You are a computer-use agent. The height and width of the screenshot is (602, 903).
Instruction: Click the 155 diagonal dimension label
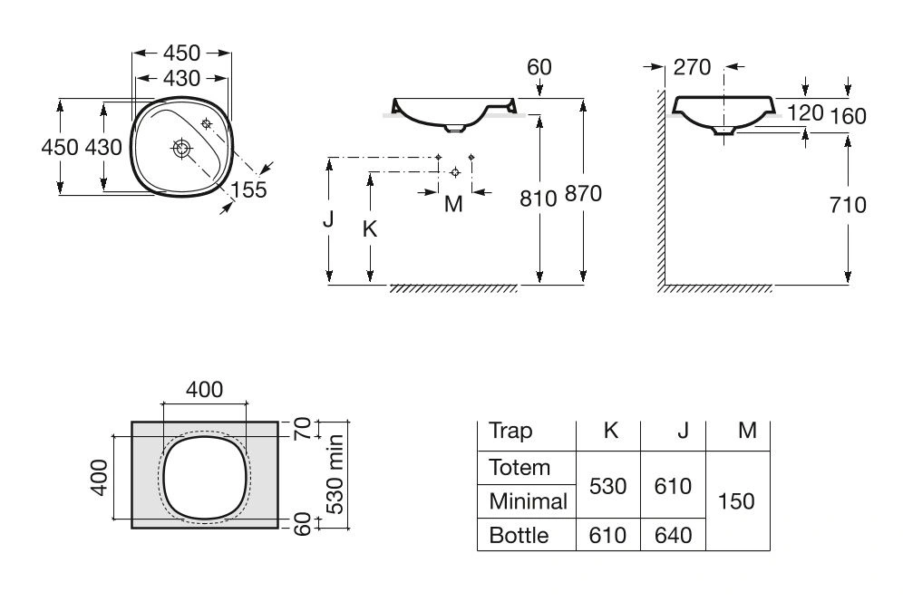tap(248, 189)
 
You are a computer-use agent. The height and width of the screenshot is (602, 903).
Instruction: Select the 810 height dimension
tap(538, 199)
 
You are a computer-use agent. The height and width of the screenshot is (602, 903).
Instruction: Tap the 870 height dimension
tap(583, 193)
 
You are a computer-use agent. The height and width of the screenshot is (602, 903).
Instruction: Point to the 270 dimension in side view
tap(693, 67)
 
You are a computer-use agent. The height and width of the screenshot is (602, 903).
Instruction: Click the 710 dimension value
tap(848, 205)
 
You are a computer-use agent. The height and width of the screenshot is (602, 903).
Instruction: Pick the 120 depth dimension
tap(805, 113)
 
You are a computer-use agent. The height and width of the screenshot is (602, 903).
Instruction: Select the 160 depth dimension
tap(848, 116)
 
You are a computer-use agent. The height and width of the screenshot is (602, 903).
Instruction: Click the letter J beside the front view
tap(328, 218)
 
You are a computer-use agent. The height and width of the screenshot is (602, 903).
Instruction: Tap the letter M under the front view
tap(454, 203)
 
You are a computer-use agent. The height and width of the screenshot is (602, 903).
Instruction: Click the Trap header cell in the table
tap(510, 431)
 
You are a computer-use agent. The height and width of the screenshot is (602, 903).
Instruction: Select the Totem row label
tap(519, 467)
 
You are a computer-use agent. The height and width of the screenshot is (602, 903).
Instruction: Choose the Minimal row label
tap(528, 501)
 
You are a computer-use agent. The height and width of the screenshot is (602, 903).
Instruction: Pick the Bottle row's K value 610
tap(607, 535)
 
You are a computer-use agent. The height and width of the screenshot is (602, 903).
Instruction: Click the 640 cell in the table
tap(674, 535)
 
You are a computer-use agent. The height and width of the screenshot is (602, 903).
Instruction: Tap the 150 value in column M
tap(736, 501)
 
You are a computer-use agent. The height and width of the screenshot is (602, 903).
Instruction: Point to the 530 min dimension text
tap(335, 474)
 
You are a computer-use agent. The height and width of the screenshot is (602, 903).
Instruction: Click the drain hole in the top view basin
tap(181, 148)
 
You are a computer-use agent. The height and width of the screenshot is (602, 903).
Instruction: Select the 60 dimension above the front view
tap(539, 67)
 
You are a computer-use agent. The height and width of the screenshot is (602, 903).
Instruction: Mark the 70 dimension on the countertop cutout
tap(302, 429)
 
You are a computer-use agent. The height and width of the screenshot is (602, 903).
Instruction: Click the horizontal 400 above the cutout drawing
tap(204, 390)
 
